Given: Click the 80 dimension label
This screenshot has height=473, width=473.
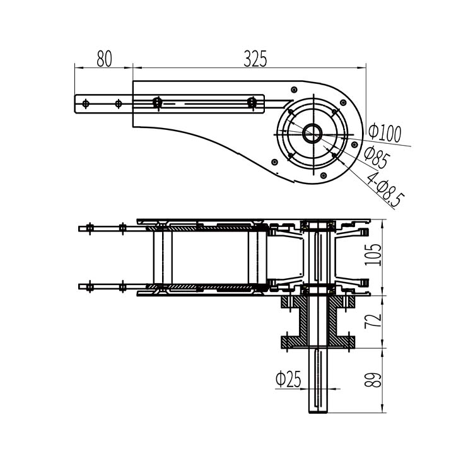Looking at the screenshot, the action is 104,59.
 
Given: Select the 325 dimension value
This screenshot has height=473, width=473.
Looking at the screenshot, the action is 255,59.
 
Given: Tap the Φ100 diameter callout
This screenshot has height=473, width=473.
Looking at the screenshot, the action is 385,132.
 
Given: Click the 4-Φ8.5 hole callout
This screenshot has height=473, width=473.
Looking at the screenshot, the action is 385,189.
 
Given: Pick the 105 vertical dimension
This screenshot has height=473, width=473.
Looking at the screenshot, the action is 373,255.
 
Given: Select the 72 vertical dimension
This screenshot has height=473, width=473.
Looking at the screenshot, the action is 373,321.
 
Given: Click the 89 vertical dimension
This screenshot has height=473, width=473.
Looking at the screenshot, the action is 373,380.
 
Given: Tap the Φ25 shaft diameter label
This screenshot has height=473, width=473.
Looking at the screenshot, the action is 288,379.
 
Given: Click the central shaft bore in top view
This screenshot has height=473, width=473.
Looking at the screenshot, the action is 313,134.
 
